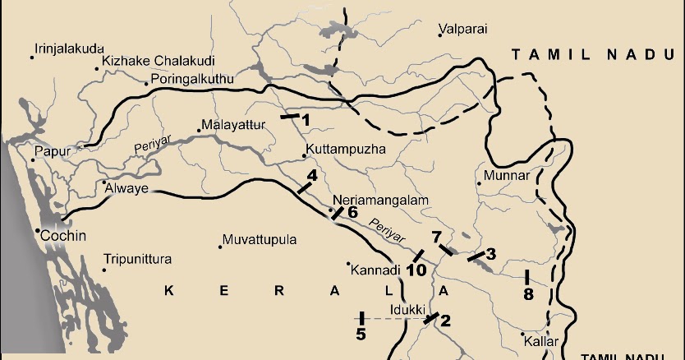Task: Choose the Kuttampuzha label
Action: coord(344,150)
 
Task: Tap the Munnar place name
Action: coord(508,175)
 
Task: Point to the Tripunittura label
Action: coord(137,260)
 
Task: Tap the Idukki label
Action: coord(407,309)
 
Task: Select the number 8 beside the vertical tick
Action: coord(528,294)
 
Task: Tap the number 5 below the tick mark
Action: coord(361,334)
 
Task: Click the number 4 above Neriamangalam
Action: coord(312,175)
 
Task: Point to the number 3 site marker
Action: coord(490,253)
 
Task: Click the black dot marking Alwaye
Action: coord(104,182)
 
